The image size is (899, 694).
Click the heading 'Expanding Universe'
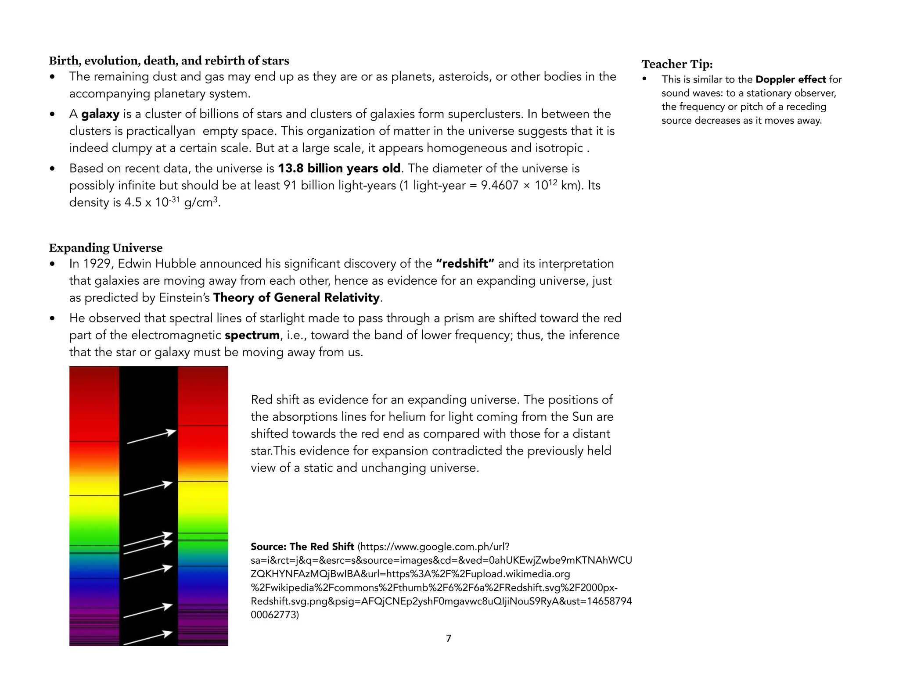[x=105, y=248]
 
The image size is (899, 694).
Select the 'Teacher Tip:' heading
[x=677, y=64]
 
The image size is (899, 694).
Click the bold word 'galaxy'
[x=100, y=114]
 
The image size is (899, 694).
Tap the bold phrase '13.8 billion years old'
[x=339, y=168]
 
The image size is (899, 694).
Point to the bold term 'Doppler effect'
[x=791, y=79]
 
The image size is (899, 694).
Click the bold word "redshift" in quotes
[x=465, y=264]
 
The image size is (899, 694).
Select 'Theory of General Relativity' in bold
[x=296, y=298]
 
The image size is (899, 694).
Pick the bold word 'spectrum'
[x=252, y=335]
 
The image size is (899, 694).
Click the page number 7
[x=448, y=639]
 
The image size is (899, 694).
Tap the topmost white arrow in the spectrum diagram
[x=151, y=437]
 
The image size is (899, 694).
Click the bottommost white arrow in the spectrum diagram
[x=147, y=639]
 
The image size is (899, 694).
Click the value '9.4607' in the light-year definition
[x=500, y=186]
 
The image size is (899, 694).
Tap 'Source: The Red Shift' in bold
[x=302, y=547]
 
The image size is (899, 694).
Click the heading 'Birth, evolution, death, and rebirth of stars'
[x=169, y=61]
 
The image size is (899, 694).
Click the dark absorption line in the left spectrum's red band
[x=94, y=441]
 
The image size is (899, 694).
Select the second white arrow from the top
[x=148, y=490]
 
